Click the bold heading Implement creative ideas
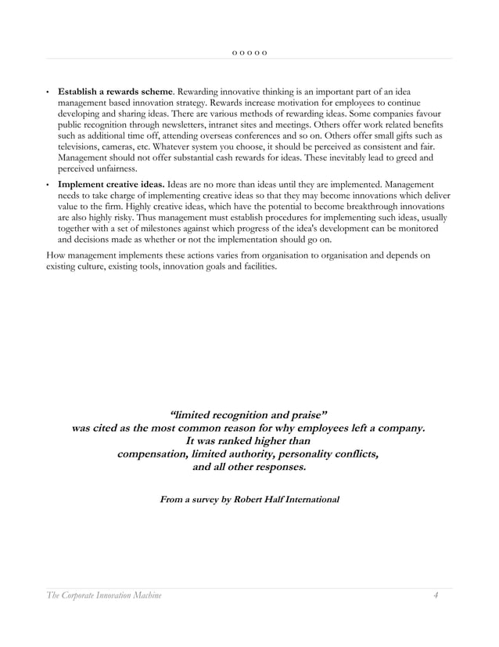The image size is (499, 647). click(111, 183)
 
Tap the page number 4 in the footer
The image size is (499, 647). click(436, 596)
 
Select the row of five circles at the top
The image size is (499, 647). click(249, 52)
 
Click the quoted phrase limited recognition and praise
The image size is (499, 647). click(249, 414)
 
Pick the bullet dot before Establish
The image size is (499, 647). click(48, 93)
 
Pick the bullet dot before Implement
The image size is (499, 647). click(48, 184)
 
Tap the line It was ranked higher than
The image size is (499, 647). click(249, 440)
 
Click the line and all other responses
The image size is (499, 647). click(249, 468)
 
